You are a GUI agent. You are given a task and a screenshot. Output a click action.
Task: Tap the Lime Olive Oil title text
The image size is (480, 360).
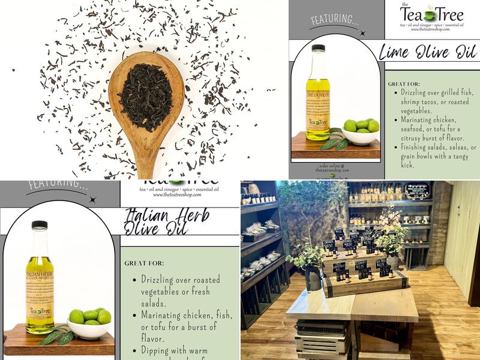pos(427,52)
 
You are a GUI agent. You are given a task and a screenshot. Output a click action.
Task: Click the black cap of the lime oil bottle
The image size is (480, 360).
pos(318,48)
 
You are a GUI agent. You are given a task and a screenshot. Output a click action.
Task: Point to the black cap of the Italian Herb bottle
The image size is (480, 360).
pos(40,224)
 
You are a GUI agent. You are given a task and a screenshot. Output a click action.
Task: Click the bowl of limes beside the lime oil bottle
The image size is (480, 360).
pos(361,133)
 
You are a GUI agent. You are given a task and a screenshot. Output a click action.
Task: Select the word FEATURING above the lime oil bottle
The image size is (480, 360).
pos(334,21)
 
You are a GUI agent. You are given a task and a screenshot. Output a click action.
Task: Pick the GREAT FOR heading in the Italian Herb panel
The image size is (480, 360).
pos(144,263)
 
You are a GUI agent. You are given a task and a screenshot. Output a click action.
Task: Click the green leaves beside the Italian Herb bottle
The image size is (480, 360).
pos(56,336)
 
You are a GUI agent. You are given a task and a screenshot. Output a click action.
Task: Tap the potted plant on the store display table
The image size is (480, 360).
pos(307,264)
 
